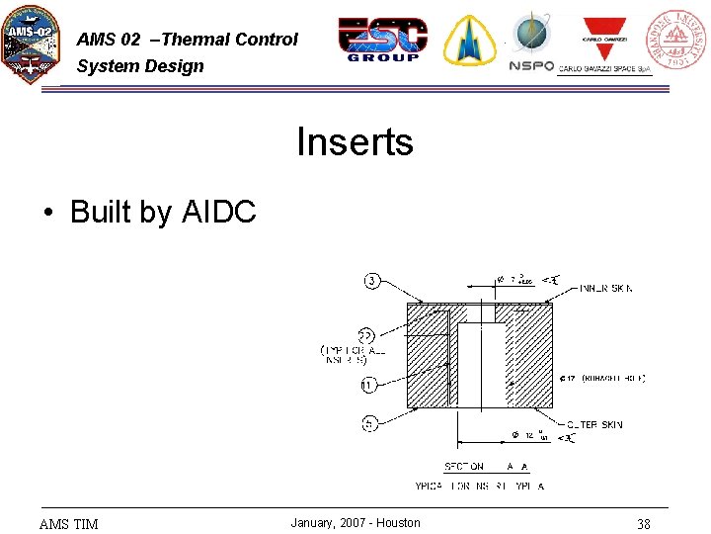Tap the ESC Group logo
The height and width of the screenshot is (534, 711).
pos(383,40)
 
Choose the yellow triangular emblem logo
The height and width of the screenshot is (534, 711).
pos(469,41)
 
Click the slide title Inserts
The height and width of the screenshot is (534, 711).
pos(355,142)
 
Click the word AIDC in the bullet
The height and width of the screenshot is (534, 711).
pos(219,212)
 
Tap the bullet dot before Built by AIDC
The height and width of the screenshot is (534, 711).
pos(47,213)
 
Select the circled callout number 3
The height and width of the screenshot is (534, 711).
pos(372,281)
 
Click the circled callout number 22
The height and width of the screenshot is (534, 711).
pos(365,333)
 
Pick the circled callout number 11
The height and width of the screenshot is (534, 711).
pos(367,385)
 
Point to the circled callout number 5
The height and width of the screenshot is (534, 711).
pos(369,424)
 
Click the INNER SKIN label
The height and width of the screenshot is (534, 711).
pos(606,289)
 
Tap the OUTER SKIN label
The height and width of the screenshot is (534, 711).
pos(594,424)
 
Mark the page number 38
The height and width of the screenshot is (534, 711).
pos(643,524)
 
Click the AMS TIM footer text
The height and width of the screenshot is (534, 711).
pos(68,524)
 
